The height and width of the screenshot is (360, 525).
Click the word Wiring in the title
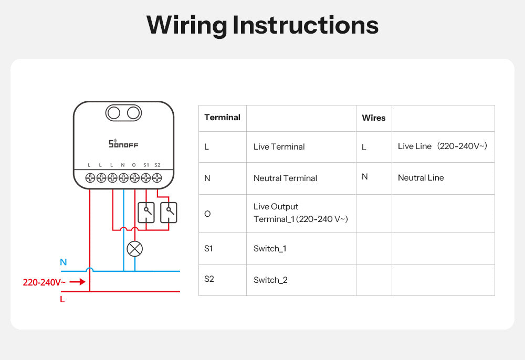pyautogui.click(x=186, y=25)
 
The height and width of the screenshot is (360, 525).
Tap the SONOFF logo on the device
pyautogui.click(x=123, y=143)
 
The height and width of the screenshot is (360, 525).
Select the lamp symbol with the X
pyautogui.click(x=135, y=249)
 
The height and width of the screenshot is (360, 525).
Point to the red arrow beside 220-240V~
pyautogui.click(x=77, y=282)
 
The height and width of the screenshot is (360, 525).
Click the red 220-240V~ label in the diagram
pyautogui.click(x=44, y=282)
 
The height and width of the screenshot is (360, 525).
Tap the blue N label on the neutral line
pyautogui.click(x=64, y=262)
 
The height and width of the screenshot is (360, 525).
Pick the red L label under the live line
pyautogui.click(x=62, y=300)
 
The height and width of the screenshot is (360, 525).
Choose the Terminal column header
pyautogui.click(x=222, y=118)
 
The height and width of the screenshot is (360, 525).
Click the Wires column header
pyautogui.click(x=374, y=118)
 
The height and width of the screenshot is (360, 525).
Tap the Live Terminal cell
pyautogui.click(x=279, y=147)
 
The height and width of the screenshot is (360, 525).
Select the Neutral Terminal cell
pyautogui.click(x=285, y=178)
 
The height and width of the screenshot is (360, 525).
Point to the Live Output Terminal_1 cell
pyautogui.click(x=300, y=213)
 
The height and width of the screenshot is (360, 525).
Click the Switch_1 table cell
pyautogui.click(x=270, y=249)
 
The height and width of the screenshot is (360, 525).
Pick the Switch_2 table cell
pyautogui.click(x=270, y=280)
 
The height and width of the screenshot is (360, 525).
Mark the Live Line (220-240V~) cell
pyautogui.click(x=442, y=146)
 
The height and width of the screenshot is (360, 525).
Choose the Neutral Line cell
pyautogui.click(x=421, y=178)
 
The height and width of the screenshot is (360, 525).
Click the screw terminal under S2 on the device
pyautogui.click(x=157, y=178)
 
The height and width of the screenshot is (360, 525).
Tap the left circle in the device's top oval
pyautogui.click(x=114, y=112)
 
